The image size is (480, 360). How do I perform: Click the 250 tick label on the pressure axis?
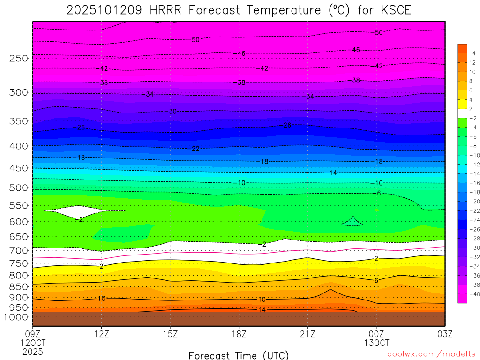coord(18,58)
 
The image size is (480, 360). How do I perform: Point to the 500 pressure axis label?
coord(18,188)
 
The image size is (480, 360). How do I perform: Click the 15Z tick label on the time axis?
coord(170,335)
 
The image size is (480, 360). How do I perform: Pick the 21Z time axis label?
coord(307,335)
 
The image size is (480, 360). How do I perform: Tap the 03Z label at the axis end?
coord(445,335)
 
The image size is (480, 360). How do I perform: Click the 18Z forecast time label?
coord(239,335)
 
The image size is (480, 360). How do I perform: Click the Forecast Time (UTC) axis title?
coord(239,355)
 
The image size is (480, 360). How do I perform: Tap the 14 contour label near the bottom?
coord(262,310)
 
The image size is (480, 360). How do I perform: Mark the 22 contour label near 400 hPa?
coord(196,149)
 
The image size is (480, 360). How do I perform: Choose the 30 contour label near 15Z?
coord(172,112)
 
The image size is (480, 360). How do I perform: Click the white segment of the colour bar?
coord(463,113)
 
